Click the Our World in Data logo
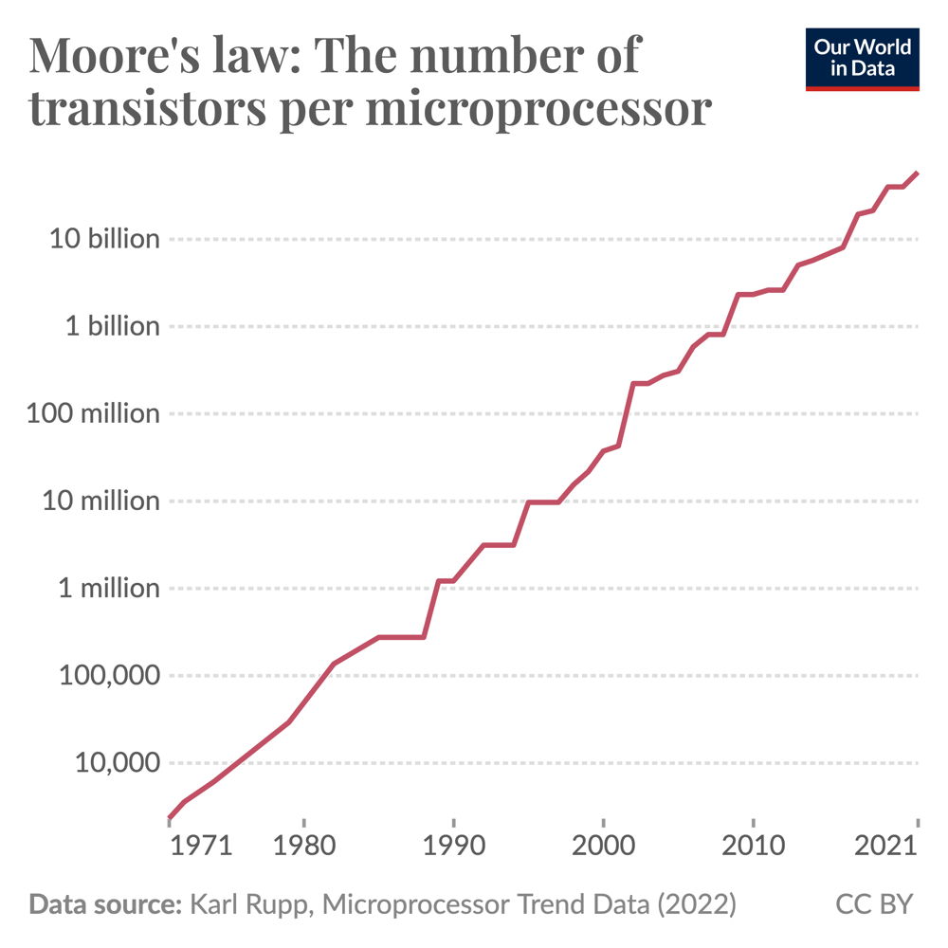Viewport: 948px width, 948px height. pyautogui.click(x=862, y=59)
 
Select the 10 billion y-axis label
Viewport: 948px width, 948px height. pyautogui.click(x=105, y=239)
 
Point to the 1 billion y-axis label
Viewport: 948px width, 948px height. pyautogui.click(x=113, y=326)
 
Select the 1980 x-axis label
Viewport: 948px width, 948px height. pyautogui.click(x=303, y=846)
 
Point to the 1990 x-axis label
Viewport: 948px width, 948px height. pyautogui.click(x=453, y=846)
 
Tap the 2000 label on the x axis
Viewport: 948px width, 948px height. pyautogui.click(x=603, y=846)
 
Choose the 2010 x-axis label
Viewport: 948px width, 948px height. pyautogui.click(x=753, y=846)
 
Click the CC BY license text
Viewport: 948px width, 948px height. pyautogui.click(x=874, y=904)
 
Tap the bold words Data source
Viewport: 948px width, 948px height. pyautogui.click(x=105, y=904)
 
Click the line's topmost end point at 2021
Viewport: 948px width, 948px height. pyautogui.click(x=917, y=173)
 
